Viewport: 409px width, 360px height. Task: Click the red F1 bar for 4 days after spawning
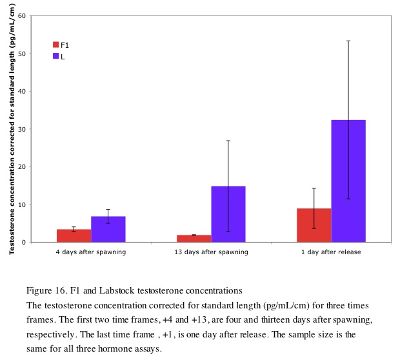coord(74,235)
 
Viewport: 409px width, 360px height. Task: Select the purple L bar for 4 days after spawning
coord(108,229)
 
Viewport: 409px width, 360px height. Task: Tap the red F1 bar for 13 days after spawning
coord(194,238)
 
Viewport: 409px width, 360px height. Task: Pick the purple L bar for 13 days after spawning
coord(228,214)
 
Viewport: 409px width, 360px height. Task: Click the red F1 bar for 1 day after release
coord(314,225)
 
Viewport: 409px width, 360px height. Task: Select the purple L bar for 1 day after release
coord(348,181)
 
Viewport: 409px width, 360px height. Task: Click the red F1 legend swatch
coord(56,45)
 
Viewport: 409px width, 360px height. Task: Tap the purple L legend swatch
coord(56,57)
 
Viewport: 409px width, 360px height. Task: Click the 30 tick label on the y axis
coord(22,129)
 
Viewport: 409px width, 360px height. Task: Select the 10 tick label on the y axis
coord(22,205)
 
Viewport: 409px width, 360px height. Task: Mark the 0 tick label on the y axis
coord(24,243)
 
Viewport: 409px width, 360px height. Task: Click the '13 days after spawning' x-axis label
coord(211,252)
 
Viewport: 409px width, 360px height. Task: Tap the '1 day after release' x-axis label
coord(331,252)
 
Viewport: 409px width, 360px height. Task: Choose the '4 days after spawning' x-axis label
coord(91,252)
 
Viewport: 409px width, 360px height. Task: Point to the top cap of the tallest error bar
coord(348,41)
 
